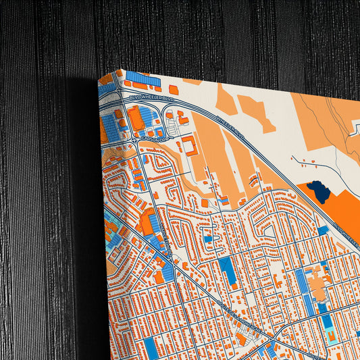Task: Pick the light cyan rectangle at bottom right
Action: click(x=329, y=335)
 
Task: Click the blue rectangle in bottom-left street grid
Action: click(x=151, y=347)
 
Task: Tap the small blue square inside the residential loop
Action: click(x=208, y=238)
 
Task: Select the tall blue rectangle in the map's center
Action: click(x=227, y=271)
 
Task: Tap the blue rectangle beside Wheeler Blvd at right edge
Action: click(x=323, y=230)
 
